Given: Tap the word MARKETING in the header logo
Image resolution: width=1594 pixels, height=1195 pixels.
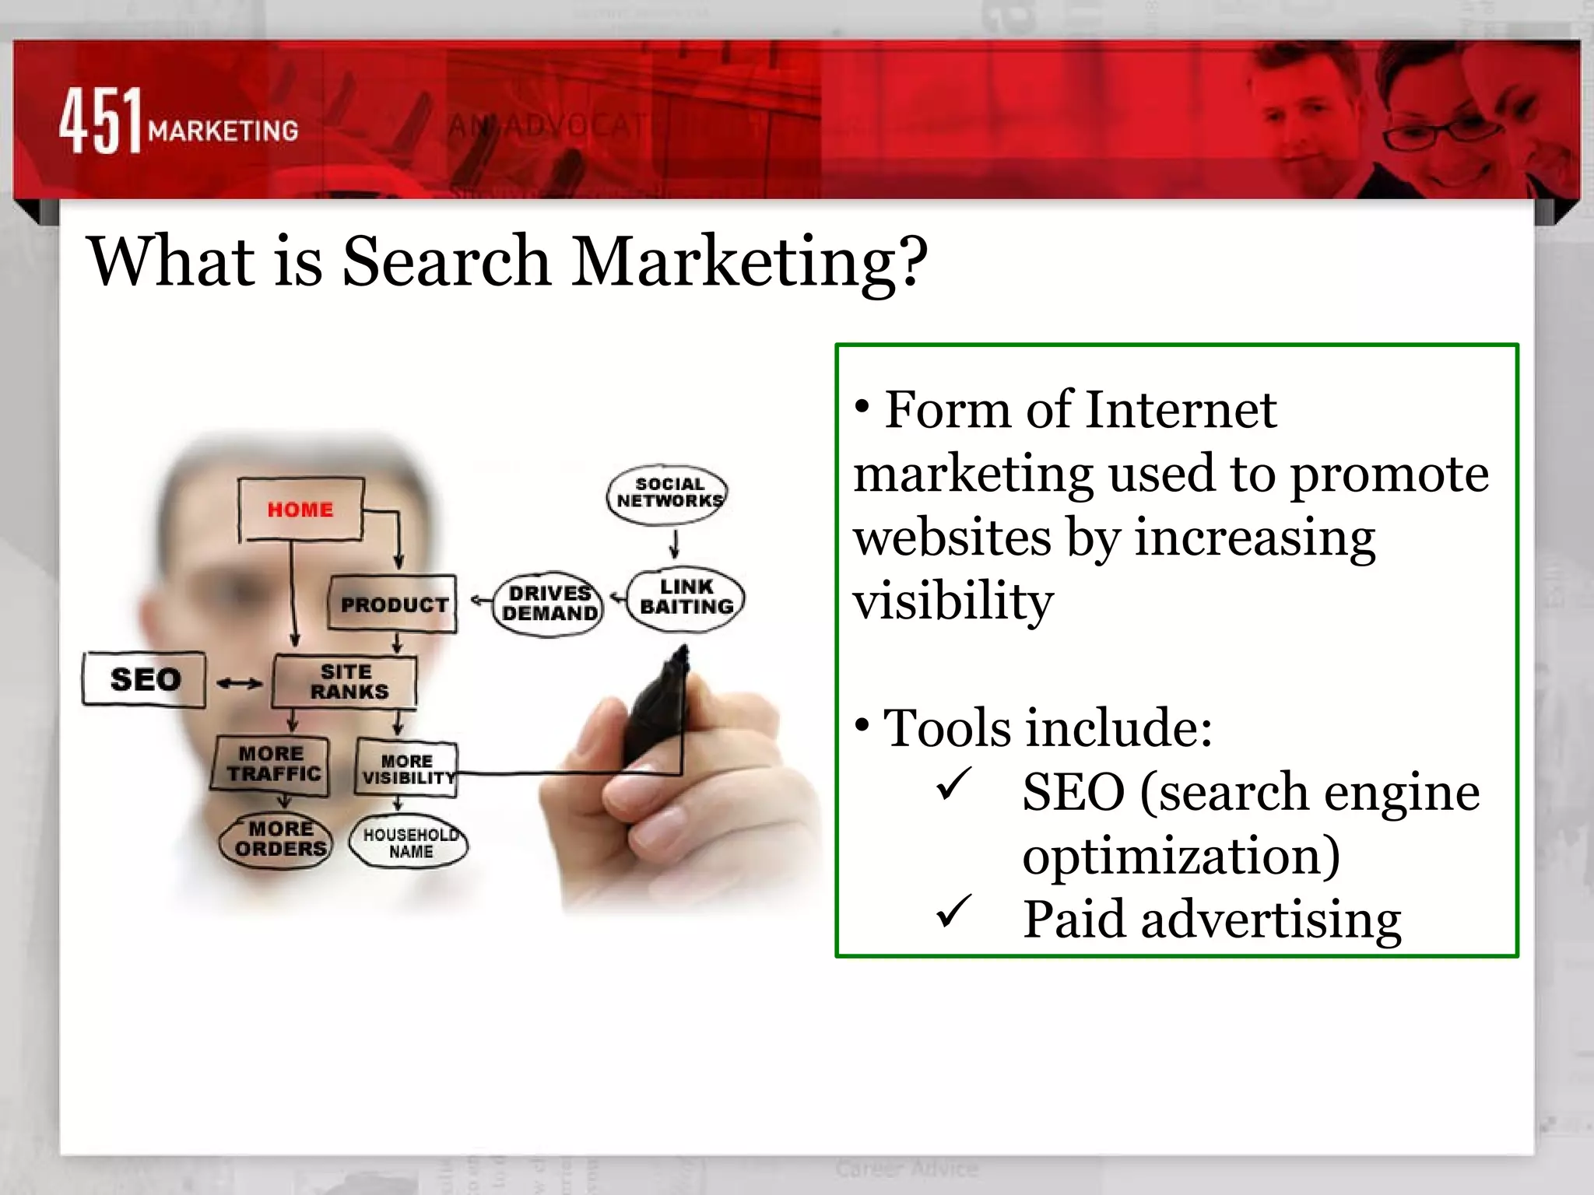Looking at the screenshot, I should [223, 131].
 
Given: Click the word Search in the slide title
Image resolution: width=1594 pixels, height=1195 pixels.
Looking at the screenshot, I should [447, 261].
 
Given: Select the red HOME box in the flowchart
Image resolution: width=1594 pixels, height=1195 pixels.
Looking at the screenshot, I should [300, 510].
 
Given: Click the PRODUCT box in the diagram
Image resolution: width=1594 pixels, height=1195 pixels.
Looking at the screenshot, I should [394, 604].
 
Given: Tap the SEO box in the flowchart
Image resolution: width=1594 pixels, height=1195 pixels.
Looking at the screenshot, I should [145, 679].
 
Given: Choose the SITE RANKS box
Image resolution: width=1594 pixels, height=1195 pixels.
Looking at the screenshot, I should [346, 682].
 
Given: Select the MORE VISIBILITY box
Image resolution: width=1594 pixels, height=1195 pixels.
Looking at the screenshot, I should [406, 769].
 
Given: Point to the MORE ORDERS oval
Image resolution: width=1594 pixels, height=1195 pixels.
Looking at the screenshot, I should [279, 839].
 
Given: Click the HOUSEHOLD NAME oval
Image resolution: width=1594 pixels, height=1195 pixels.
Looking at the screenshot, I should [410, 843].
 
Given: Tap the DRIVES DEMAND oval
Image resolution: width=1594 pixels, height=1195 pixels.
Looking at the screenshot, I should [549, 604].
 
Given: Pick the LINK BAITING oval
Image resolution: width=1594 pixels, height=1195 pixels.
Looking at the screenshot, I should [686, 597].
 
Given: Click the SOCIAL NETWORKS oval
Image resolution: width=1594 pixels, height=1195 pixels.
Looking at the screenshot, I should [669, 493].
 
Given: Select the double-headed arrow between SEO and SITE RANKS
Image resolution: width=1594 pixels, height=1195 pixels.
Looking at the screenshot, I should [239, 683].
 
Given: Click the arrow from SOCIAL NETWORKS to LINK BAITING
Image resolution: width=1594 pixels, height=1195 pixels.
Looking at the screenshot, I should [674, 545].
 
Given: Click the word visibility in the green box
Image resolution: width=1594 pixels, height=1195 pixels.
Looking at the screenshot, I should [953, 601].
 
